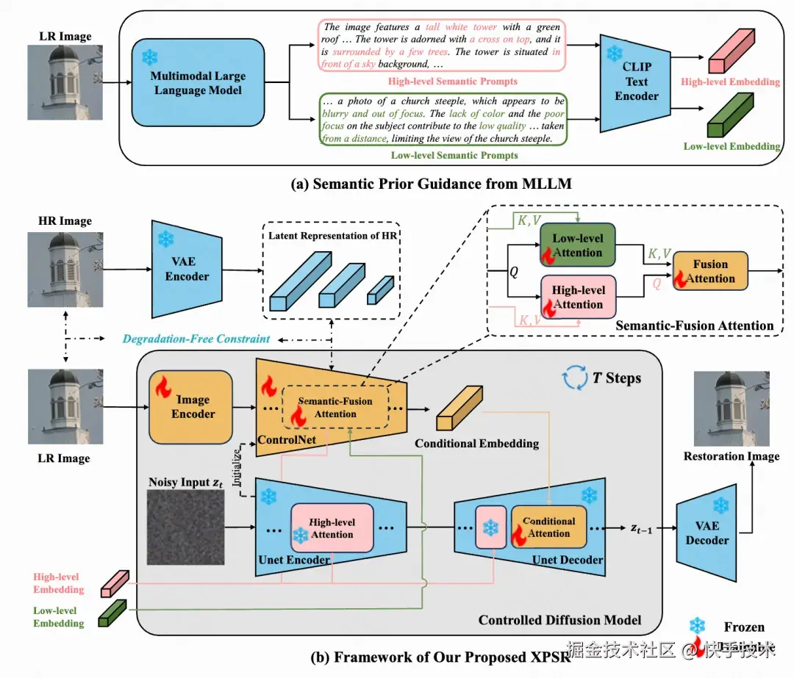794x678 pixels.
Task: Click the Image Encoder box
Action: pyautogui.click(x=192, y=407)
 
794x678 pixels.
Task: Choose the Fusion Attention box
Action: pyautogui.click(x=709, y=271)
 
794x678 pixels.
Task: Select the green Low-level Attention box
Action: pyautogui.click(x=577, y=245)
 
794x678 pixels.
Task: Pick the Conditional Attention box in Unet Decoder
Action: pyautogui.click(x=548, y=527)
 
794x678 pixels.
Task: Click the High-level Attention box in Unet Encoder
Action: pyautogui.click(x=332, y=527)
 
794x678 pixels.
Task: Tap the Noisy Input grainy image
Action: pyautogui.click(x=185, y=528)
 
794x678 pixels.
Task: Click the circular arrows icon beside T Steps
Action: pyautogui.click(x=574, y=378)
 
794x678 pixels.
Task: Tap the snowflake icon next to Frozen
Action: pyautogui.click(x=696, y=627)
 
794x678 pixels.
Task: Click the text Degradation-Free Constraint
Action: pyautogui.click(x=196, y=339)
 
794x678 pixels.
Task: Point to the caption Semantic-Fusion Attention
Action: pyautogui.click(x=694, y=325)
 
